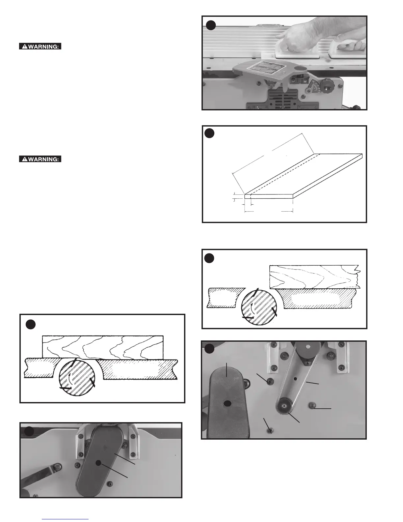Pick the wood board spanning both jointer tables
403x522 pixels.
(103, 347)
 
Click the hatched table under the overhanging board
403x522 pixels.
(319, 299)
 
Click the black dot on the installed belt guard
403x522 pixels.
(98, 463)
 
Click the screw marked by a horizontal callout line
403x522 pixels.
(311, 405)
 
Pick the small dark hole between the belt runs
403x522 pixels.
(296, 379)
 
